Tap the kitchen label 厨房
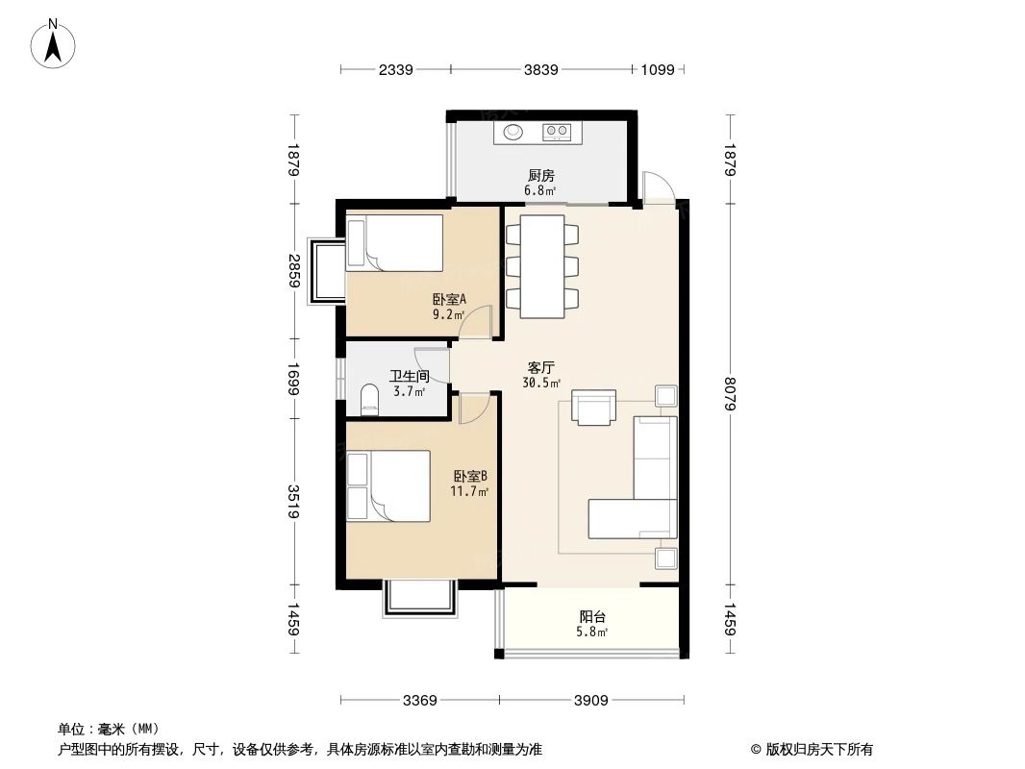click(x=540, y=176)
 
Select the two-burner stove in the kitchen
click(x=558, y=132)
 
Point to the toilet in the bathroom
click(x=370, y=400)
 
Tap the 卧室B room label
click(x=470, y=476)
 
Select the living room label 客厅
click(x=541, y=367)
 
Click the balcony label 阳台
click(x=592, y=617)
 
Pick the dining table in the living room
click(x=542, y=265)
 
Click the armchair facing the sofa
click(x=594, y=407)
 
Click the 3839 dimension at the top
click(x=540, y=69)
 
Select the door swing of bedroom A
click(x=477, y=321)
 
